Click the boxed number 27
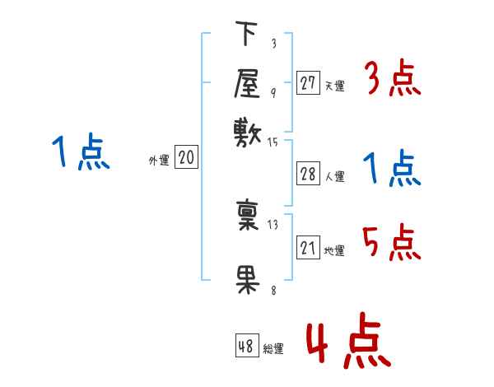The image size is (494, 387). pos(308,82)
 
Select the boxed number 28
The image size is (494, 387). pos(308,174)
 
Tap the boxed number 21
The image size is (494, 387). pos(308,248)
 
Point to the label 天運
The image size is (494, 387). pos(334,85)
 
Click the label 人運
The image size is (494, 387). pos(334,176)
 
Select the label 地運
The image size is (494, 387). pos(334,250)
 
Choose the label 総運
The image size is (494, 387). pos(273,349)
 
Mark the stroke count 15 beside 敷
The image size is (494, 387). pos(273,142)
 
